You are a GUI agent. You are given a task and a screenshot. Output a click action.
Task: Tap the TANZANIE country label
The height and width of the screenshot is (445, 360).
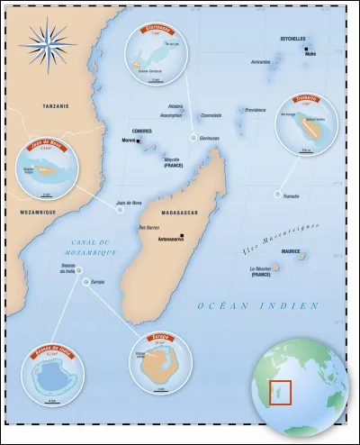point(43,106)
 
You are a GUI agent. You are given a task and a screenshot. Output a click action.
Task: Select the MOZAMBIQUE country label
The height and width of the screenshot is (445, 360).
point(32,212)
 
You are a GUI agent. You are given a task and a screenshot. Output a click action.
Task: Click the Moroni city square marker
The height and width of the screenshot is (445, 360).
point(140,141)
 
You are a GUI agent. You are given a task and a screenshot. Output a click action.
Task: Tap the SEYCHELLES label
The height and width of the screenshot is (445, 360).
point(292,50)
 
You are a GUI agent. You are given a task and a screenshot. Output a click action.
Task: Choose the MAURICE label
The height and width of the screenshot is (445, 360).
point(290,251)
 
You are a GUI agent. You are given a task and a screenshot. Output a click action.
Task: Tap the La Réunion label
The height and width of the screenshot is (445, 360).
point(261,269)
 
